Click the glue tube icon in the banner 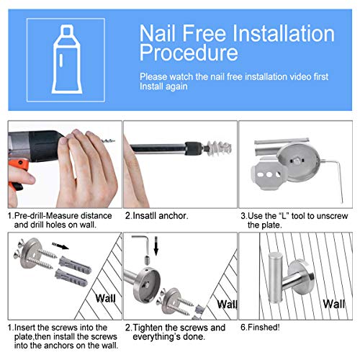tap(67, 60)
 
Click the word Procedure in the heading tap(189, 53)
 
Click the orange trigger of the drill tap(17, 173)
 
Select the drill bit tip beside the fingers tap(108, 140)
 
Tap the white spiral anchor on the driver tap(220, 148)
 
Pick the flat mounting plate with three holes tap(269, 174)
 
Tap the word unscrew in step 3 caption tap(333, 216)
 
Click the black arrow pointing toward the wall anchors tap(60, 246)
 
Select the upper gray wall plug tap(75, 264)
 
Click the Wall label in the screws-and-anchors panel tap(105, 298)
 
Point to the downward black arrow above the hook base tap(156, 246)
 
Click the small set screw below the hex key tap(148, 260)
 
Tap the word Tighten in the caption tap(148, 328)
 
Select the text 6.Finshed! tap(260, 328)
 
